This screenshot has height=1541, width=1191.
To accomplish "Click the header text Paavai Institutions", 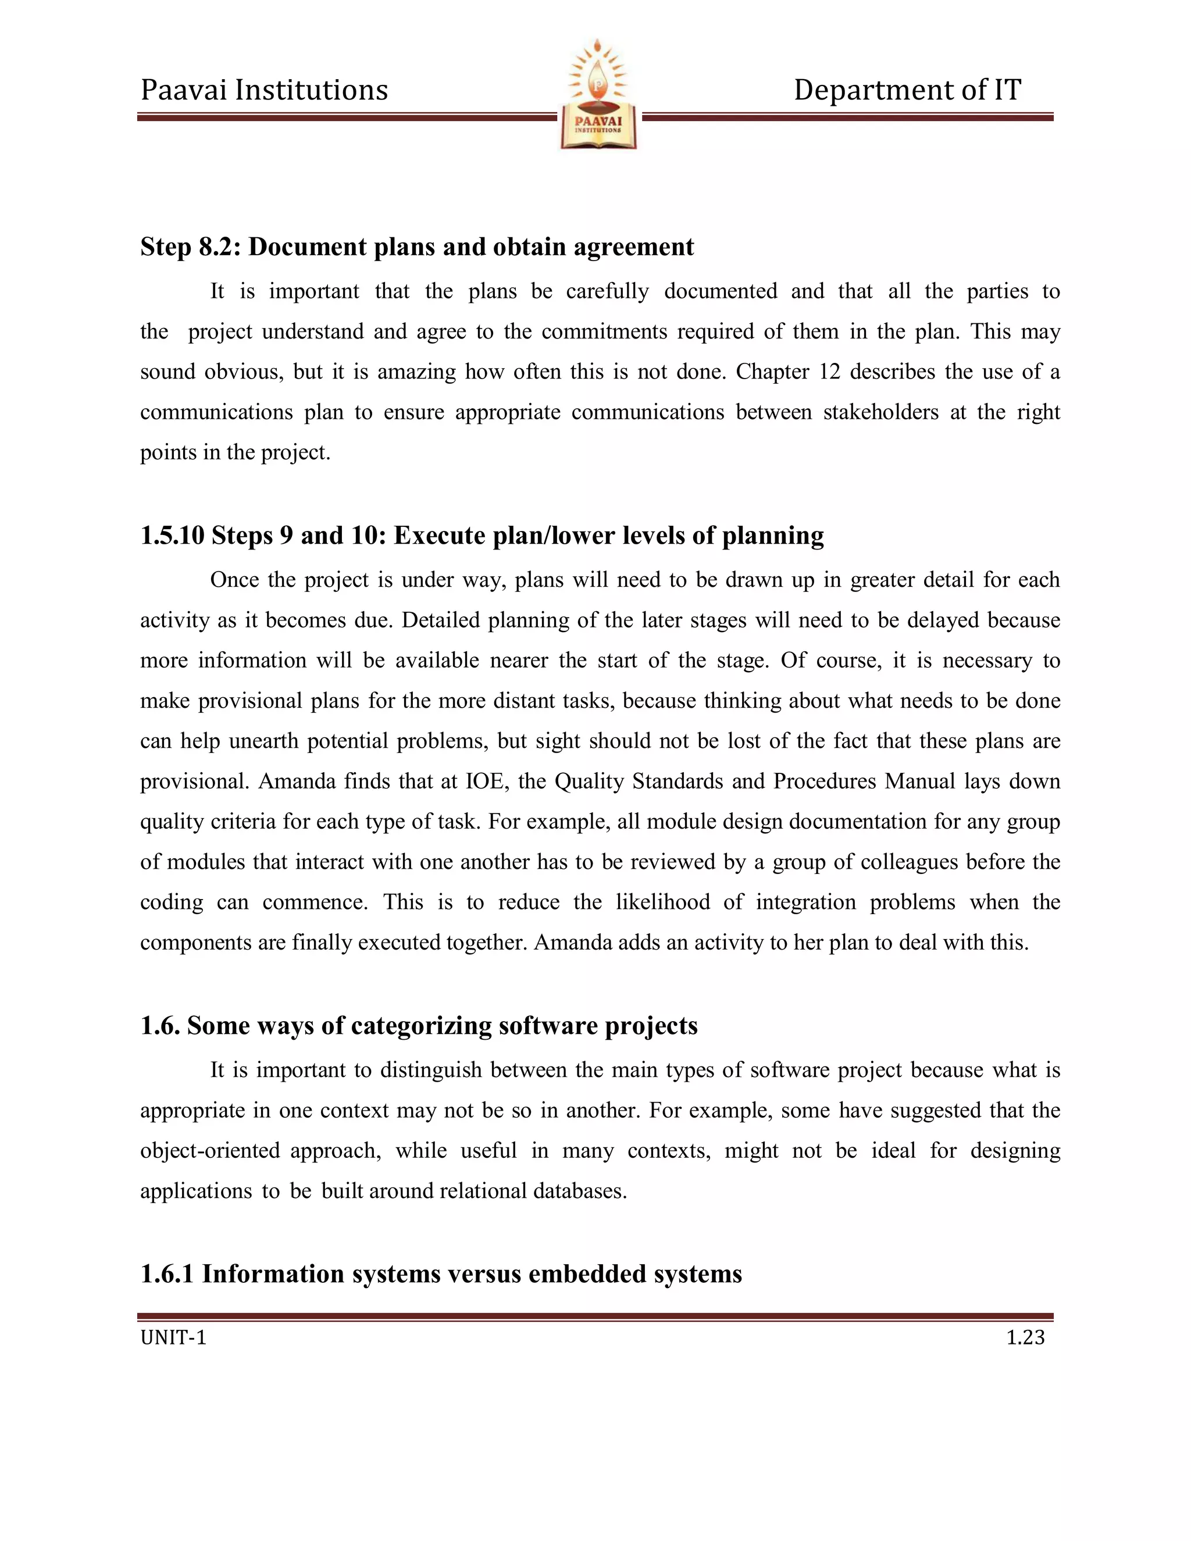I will click(x=264, y=90).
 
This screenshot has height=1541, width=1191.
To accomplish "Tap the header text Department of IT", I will click(x=907, y=90).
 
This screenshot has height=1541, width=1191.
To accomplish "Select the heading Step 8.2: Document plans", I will click(x=416, y=247).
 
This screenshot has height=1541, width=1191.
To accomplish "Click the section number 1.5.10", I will click(x=172, y=536).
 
